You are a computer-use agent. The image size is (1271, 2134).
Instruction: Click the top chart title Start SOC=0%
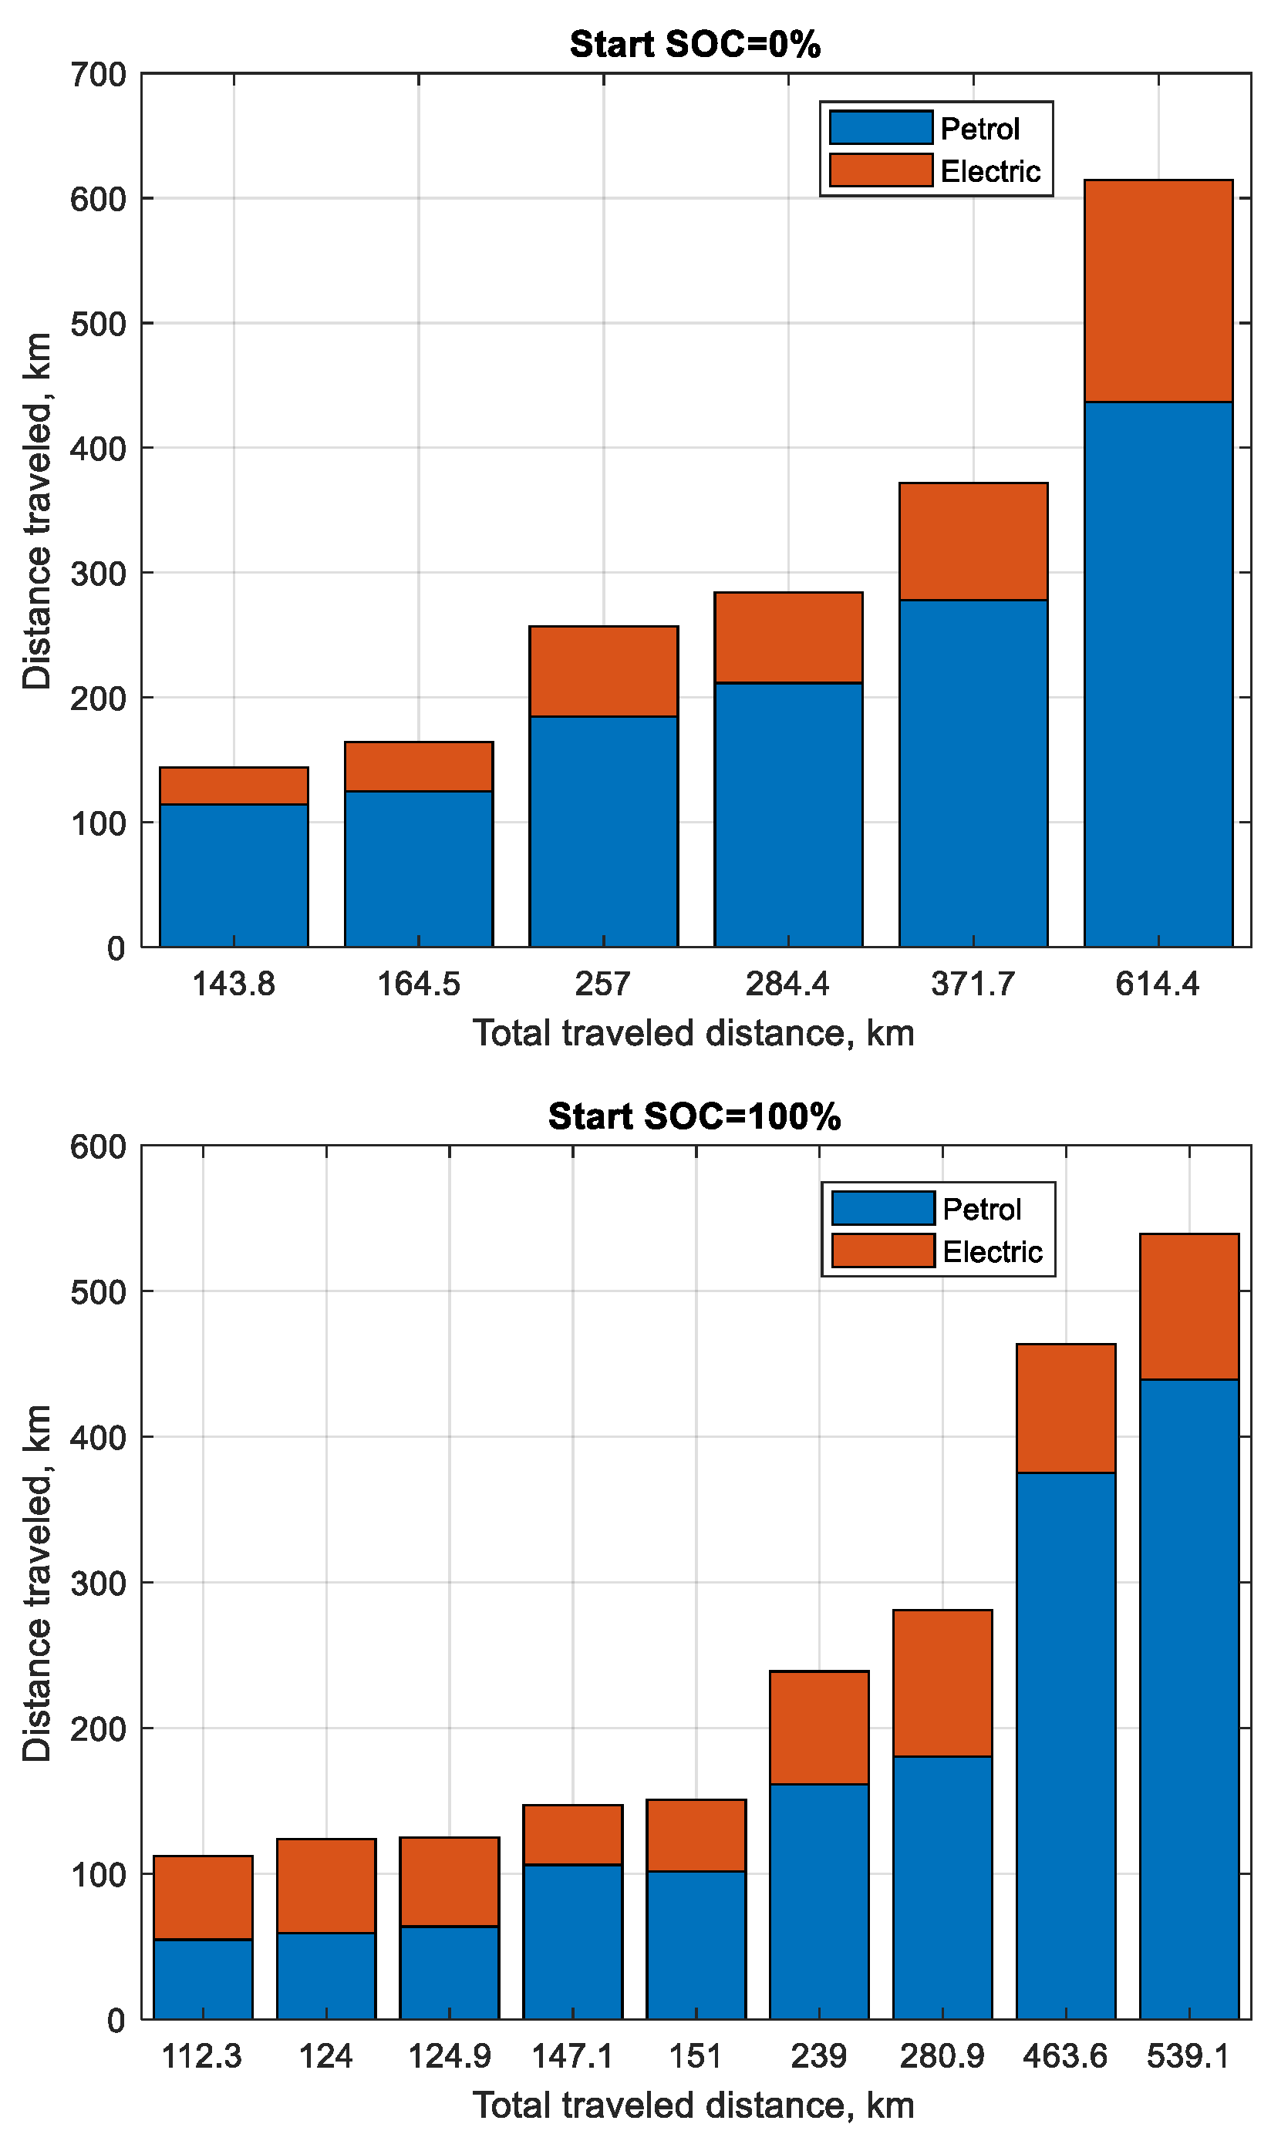coord(695,45)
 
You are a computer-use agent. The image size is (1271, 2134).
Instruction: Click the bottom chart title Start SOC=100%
coord(695,1116)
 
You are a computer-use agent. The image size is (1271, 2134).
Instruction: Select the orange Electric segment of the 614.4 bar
coord(1158,291)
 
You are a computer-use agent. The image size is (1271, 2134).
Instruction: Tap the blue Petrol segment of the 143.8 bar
coord(234,875)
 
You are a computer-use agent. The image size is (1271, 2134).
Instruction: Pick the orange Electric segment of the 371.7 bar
coord(973,541)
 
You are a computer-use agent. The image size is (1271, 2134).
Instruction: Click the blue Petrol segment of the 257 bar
coord(603,830)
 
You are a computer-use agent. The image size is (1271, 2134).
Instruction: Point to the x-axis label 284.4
coord(787,984)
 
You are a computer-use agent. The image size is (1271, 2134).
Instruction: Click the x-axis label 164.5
coord(418,984)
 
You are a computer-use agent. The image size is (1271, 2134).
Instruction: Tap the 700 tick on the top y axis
coord(99,76)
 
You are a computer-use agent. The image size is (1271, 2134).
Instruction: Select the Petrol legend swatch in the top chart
coord(881,127)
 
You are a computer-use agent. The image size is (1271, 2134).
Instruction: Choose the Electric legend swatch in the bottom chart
coord(882,1250)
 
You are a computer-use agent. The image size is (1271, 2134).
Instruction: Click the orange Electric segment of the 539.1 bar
coord(1188,1306)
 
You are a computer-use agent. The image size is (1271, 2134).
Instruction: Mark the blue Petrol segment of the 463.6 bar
coord(1065,1746)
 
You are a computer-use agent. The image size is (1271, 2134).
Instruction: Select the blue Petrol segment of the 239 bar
coord(819,1901)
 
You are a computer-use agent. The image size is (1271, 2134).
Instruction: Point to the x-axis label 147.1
coord(572,2056)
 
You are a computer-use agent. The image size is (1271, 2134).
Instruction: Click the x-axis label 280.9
coord(942,2056)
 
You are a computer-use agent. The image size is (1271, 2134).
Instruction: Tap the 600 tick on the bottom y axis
coord(99,1147)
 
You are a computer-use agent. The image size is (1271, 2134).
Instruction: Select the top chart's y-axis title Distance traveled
coord(38,510)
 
